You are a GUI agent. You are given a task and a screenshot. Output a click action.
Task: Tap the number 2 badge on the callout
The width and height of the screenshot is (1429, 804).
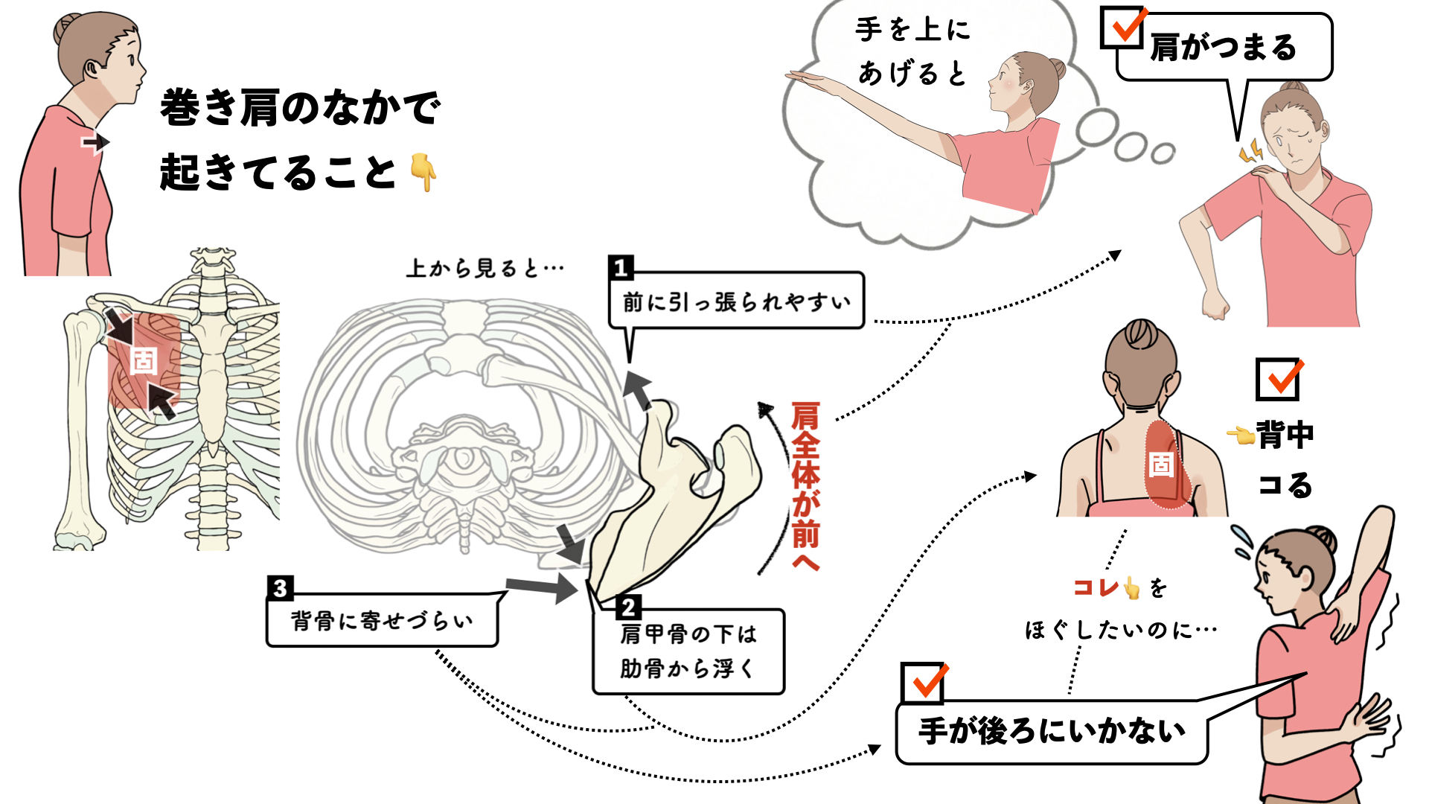pyautogui.click(x=628, y=607)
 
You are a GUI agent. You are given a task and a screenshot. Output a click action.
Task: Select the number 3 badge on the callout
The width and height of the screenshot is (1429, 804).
pyautogui.click(x=280, y=588)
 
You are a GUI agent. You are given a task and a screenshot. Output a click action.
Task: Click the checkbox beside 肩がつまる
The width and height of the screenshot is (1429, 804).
pyautogui.click(x=1122, y=27)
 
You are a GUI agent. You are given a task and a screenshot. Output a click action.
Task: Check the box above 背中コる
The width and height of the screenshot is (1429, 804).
pyautogui.click(x=1278, y=380)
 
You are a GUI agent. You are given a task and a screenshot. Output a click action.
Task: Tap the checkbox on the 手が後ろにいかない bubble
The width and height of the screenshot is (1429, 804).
pyautogui.click(x=922, y=683)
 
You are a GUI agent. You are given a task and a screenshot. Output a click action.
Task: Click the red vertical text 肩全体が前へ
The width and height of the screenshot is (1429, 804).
pyautogui.click(x=805, y=486)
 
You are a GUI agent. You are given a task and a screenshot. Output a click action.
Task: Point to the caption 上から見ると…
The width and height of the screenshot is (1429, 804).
pyautogui.click(x=485, y=268)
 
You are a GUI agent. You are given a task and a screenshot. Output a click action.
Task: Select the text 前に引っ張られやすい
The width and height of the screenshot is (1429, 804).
pyautogui.click(x=736, y=302)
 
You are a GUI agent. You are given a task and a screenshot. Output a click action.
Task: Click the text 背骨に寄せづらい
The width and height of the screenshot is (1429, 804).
pyautogui.click(x=382, y=621)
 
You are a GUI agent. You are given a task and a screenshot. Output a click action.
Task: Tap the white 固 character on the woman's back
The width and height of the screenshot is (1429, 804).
pyautogui.click(x=1162, y=465)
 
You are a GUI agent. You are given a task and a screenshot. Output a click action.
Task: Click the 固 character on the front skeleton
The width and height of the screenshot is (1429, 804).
pyautogui.click(x=144, y=361)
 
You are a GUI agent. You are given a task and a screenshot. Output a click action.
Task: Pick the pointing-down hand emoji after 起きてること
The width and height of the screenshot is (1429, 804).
pyautogui.click(x=423, y=173)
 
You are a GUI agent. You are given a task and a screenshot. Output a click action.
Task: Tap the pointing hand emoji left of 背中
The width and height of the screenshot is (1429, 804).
pyautogui.click(x=1241, y=435)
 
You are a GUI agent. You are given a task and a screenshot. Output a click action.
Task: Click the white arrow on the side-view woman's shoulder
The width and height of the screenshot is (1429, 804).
pyautogui.click(x=95, y=142)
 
